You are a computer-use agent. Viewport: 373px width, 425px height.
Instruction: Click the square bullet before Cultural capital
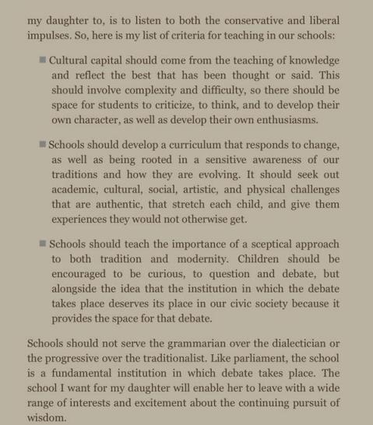pyautogui.click(x=42, y=60)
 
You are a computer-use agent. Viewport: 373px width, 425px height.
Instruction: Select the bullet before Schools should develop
pyautogui.click(x=42, y=145)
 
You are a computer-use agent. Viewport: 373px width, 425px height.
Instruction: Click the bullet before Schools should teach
pyautogui.click(x=42, y=244)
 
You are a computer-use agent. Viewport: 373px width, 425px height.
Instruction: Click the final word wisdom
pyautogui.click(x=47, y=417)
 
